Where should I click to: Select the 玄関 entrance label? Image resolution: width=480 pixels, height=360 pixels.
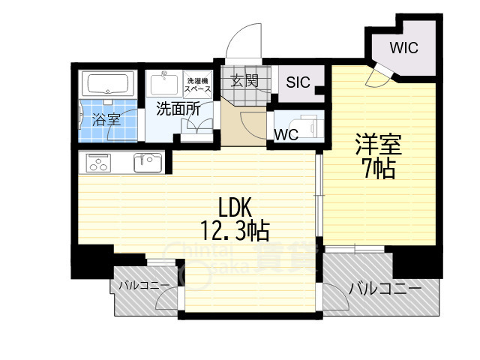click(x=244, y=80)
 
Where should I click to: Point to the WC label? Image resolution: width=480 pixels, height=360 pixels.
click(x=286, y=135)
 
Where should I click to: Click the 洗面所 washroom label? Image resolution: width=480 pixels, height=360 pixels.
click(x=178, y=109)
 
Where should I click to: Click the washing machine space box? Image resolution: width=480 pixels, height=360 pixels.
click(x=198, y=84)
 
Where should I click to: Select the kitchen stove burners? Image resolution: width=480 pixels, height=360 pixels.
click(x=99, y=161)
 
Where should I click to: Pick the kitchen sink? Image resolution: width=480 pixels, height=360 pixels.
click(x=148, y=161)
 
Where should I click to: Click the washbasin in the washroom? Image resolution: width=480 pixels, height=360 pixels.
click(x=164, y=82)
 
